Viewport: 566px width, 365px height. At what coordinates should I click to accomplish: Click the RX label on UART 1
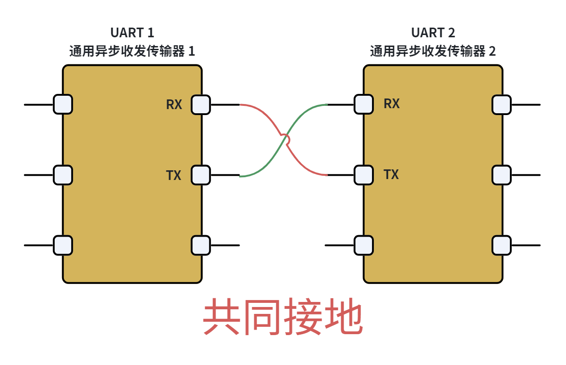[x=174, y=104]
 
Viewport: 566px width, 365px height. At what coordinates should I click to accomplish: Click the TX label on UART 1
[x=174, y=175]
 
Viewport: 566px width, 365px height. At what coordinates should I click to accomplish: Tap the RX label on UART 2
[x=392, y=104]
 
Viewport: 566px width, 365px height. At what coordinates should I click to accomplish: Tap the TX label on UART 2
[x=391, y=174]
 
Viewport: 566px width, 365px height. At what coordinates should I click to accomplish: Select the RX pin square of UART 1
[x=201, y=105]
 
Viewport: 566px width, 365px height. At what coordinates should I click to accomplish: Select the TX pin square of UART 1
[x=201, y=175]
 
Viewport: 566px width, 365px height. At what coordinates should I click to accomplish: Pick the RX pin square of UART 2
[x=364, y=104]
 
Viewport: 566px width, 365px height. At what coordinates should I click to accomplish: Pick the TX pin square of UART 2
[x=364, y=175]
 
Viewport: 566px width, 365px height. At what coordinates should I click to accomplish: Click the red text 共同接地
[x=283, y=316]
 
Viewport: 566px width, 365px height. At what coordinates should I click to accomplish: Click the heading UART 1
[x=132, y=33]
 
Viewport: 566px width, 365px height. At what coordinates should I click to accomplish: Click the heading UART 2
[x=433, y=33]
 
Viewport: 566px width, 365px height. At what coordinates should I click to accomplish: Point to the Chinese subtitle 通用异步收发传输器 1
[x=132, y=51]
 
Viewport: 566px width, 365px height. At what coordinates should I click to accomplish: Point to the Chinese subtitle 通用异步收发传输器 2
[x=433, y=51]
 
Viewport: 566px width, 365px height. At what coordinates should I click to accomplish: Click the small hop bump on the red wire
[x=287, y=139]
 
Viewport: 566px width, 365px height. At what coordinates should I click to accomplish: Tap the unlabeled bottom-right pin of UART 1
[x=201, y=245]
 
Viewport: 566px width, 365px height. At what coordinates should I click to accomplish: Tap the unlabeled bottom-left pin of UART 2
[x=364, y=245]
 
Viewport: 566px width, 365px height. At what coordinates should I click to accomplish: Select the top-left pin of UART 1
[x=63, y=104]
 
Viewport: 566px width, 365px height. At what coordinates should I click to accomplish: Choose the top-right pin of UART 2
[x=502, y=105]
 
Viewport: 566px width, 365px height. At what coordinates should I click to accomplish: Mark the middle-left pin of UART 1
[x=63, y=175]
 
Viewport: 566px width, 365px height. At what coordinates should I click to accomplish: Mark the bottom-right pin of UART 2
[x=502, y=245]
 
